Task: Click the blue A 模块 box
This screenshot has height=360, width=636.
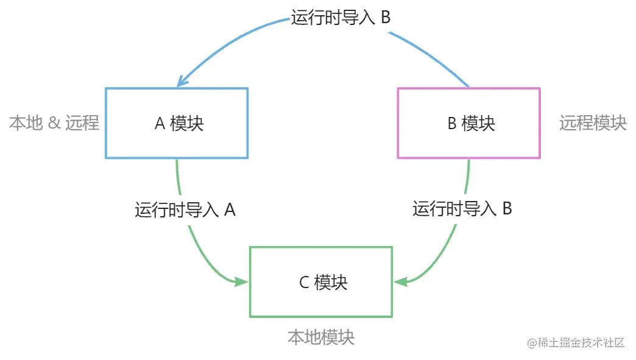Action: tap(177, 123)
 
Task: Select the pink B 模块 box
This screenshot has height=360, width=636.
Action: tap(468, 123)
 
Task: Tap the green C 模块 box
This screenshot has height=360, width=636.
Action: tap(320, 282)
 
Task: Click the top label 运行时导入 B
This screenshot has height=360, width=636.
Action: tap(341, 18)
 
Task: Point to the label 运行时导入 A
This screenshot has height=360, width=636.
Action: tap(185, 210)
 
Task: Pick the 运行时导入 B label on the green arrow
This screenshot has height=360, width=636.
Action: tap(462, 209)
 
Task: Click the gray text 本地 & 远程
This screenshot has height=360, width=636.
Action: tap(54, 123)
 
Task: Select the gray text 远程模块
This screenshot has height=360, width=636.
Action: tap(593, 123)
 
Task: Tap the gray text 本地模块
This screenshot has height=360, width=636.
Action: tap(320, 337)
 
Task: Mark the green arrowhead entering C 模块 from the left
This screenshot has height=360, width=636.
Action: tap(242, 281)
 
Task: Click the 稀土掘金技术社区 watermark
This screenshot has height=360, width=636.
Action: tap(576, 342)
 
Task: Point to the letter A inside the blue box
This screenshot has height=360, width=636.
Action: tap(160, 124)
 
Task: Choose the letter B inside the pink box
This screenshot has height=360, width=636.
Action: tap(452, 124)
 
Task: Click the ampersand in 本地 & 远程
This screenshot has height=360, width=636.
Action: tap(54, 124)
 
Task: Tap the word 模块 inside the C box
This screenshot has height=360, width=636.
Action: tap(331, 283)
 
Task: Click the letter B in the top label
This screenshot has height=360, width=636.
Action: tap(385, 18)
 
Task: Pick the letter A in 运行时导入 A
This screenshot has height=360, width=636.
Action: tap(230, 210)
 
